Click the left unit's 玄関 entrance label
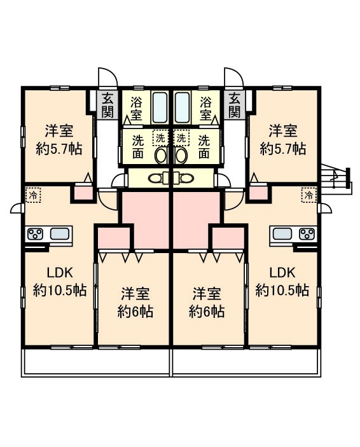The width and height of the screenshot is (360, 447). tap(108, 105)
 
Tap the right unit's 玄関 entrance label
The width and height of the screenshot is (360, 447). tap(235, 105)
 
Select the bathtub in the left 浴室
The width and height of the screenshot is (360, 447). tap(160, 107)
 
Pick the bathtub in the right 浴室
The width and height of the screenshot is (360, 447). tap(183, 107)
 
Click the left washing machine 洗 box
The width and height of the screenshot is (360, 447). tap(161, 138)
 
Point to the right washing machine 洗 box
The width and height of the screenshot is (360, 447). tap(181, 138)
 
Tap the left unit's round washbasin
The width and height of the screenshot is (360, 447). tap(162, 156)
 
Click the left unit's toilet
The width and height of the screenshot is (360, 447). tap(158, 179)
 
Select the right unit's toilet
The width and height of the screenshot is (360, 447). tap(183, 179)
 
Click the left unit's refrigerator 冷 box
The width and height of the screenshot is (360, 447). tap(33, 195)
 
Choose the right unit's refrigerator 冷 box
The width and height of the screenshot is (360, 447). tap(309, 195)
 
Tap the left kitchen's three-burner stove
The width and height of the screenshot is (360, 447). tap(35, 234)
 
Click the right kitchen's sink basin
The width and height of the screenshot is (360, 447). tap(282, 234)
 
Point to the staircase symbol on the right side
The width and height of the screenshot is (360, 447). tap(336, 178)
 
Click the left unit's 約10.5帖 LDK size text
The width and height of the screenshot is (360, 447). tap(60, 290)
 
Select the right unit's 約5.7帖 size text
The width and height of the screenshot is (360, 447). tap(283, 149)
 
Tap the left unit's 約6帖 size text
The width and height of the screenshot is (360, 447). tap(135, 312)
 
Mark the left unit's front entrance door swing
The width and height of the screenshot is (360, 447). tap(107, 76)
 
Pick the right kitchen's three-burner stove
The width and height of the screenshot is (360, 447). tap(307, 234)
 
